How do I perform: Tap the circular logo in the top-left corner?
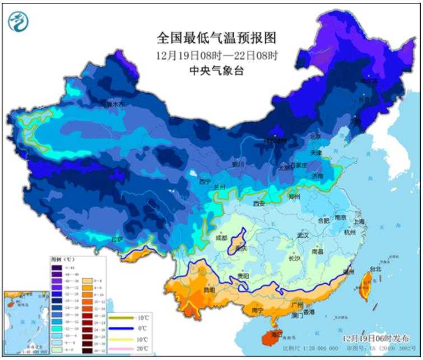coord(18,21)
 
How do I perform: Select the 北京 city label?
coord(315,136)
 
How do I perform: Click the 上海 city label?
coord(359,221)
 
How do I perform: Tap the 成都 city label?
coord(221,238)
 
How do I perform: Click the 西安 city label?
coord(259,204)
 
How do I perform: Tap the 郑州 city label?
coord(295,197)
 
